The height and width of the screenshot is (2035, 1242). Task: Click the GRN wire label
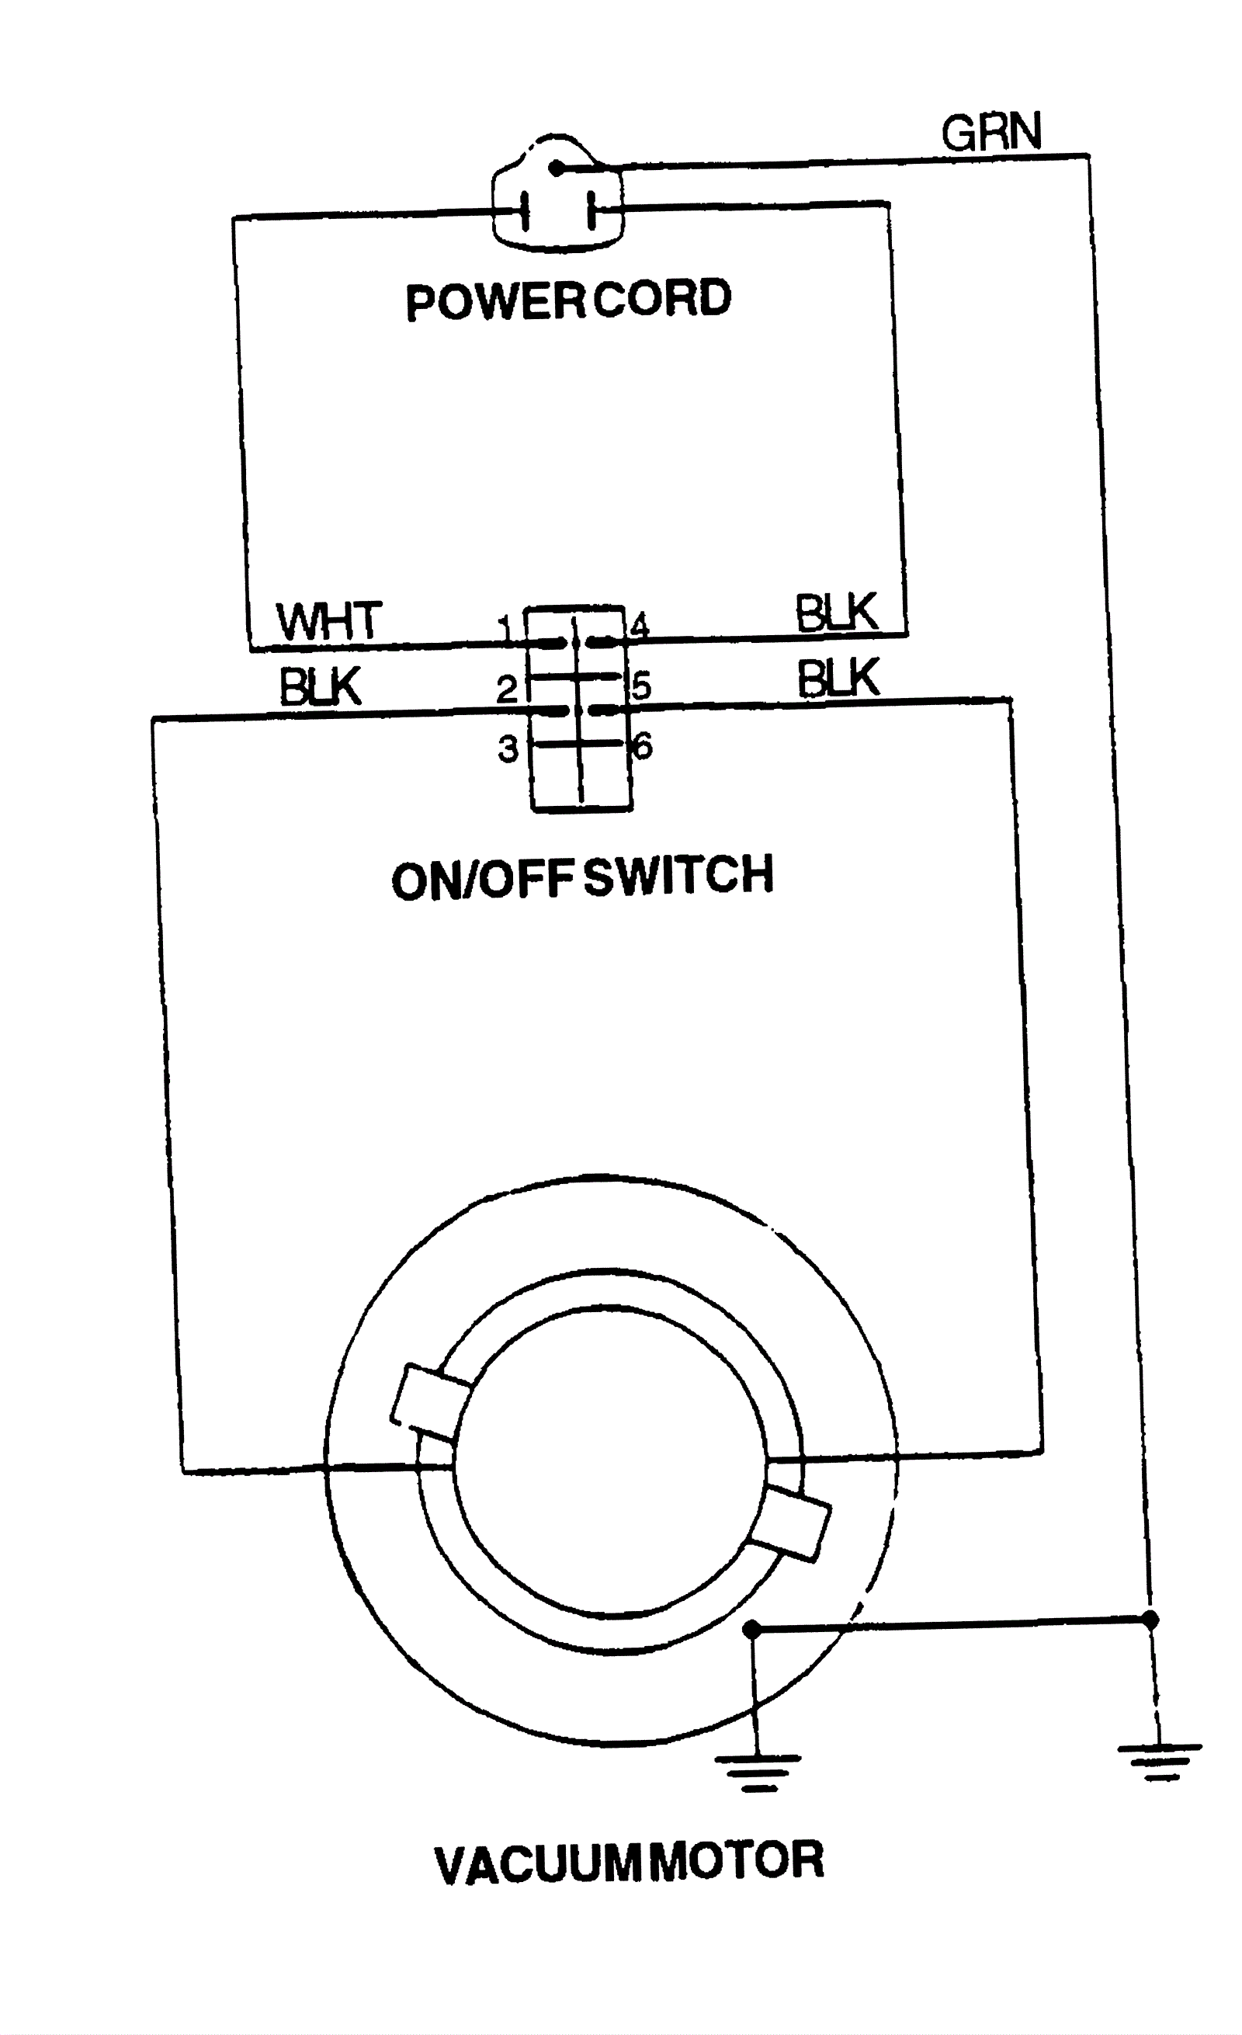991,132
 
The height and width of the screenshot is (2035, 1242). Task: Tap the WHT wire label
328,621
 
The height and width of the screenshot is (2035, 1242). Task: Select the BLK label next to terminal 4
836,613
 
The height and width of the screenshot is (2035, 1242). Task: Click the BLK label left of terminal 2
321,686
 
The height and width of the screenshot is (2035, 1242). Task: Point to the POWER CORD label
568,300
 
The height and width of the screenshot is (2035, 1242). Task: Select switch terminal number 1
506,631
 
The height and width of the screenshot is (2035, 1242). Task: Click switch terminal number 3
507,749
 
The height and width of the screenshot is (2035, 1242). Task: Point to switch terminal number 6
643,747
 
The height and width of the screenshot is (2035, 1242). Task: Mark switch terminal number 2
506,689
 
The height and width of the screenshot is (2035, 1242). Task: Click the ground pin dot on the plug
557,168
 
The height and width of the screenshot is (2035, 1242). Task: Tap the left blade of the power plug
523,212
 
